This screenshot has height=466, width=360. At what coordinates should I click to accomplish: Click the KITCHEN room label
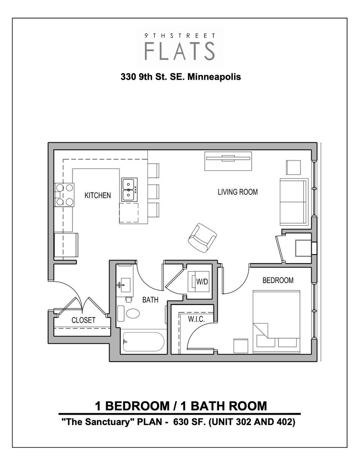pyautogui.click(x=97, y=195)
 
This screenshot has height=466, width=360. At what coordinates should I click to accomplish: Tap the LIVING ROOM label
pyautogui.click(x=238, y=192)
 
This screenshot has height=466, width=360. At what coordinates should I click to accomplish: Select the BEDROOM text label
pyautogui.click(x=278, y=280)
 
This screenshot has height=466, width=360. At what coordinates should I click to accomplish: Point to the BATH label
pyautogui.click(x=150, y=300)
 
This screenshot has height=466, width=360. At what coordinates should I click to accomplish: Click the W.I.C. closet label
pyautogui.click(x=196, y=319)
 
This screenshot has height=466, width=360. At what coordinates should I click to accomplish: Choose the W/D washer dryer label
pyautogui.click(x=202, y=281)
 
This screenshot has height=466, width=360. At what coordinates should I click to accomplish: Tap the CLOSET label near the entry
pyautogui.click(x=83, y=321)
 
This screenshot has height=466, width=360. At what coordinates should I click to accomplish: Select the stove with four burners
pyautogui.click(x=63, y=194)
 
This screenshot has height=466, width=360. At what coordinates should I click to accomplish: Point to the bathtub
pyautogui.click(x=143, y=342)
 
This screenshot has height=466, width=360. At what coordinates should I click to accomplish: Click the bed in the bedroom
pyautogui.click(x=276, y=319)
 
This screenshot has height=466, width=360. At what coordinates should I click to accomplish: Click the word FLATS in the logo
pyautogui.click(x=180, y=50)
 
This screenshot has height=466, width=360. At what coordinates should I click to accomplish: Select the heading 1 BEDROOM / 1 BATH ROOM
pyautogui.click(x=180, y=406)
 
